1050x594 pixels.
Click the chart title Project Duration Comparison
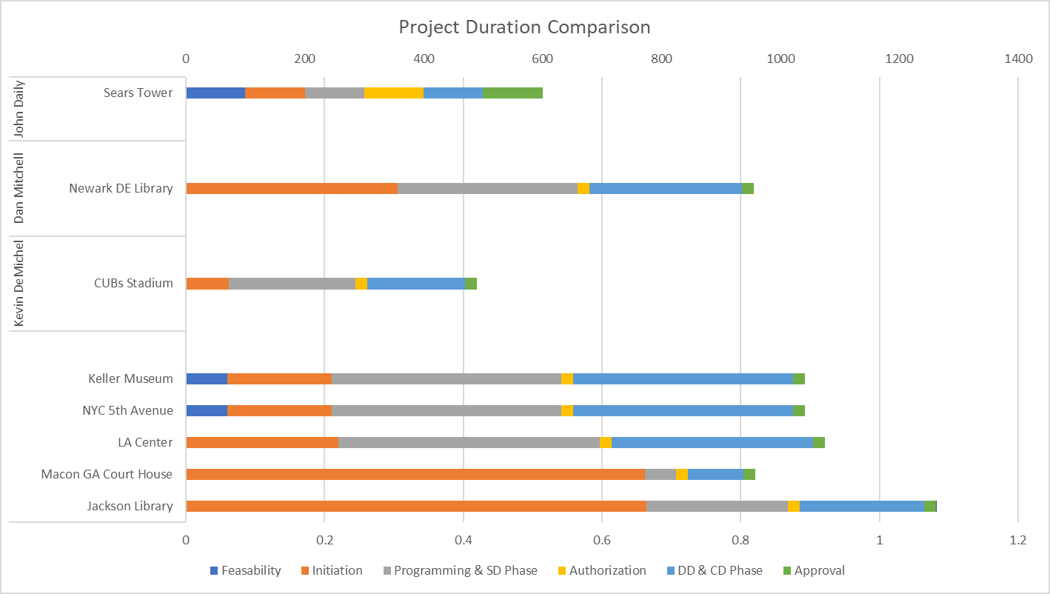click(524, 27)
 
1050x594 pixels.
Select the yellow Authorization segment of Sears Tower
click(393, 93)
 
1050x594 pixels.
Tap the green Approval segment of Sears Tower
click(512, 93)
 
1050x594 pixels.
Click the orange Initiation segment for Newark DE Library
click(292, 188)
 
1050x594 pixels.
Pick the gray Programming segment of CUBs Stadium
click(292, 283)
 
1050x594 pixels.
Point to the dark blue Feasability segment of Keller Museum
click(207, 378)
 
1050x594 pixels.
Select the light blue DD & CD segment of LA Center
click(712, 442)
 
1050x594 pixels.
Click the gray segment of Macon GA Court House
click(661, 474)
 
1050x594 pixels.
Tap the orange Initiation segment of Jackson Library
click(416, 506)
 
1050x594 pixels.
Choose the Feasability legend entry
click(245, 570)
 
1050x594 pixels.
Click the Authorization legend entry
click(605, 570)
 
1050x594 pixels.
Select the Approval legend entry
click(819, 570)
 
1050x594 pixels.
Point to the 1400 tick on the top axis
click(1018, 59)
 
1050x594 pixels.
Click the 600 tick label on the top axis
click(542, 59)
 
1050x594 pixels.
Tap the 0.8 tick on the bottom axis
click(740, 540)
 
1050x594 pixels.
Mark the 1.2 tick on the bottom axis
click(1018, 540)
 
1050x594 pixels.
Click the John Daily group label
click(20, 109)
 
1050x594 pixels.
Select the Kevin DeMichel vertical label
click(20, 283)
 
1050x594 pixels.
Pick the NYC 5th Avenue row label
click(127, 410)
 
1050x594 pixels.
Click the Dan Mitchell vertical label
click(20, 188)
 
